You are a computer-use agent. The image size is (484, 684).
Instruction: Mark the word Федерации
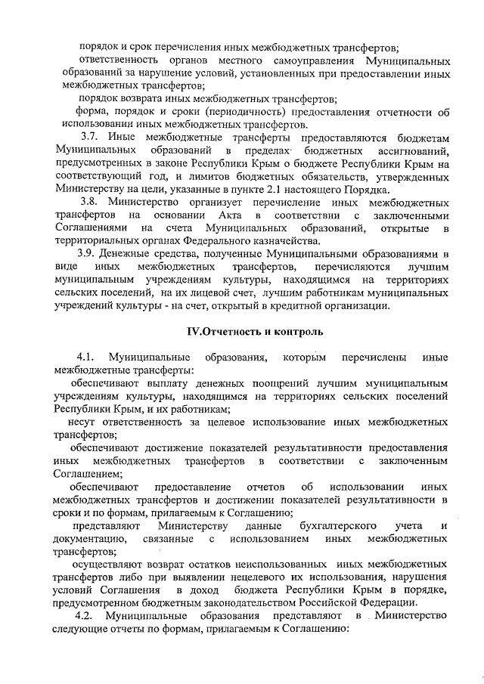[x=387, y=602]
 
